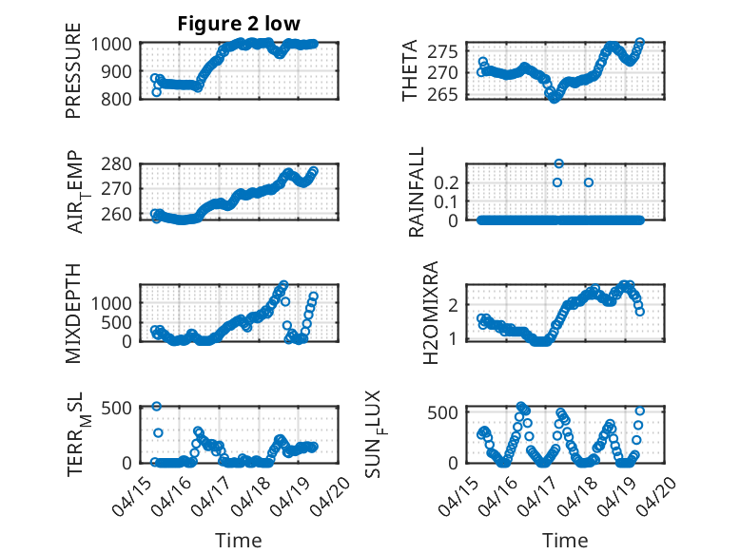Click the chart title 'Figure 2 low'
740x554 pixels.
[x=239, y=24]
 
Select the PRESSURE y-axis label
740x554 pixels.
[x=73, y=70]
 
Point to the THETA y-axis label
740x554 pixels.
[x=410, y=70]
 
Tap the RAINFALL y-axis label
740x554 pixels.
[x=417, y=192]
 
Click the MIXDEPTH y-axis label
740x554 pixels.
[x=73, y=313]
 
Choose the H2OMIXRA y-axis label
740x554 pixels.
[x=431, y=313]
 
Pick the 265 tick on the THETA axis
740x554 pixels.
[x=442, y=94]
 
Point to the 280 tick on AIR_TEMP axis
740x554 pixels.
[x=116, y=164]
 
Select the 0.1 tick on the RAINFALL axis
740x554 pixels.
[x=446, y=201]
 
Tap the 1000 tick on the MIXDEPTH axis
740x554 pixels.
[x=111, y=303]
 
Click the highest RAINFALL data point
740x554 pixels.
[x=558, y=163]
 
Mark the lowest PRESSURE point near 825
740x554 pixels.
[x=157, y=92]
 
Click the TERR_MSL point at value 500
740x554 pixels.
[x=157, y=407]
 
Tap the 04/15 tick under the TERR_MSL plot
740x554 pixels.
[x=132, y=495]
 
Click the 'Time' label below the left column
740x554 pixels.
[x=239, y=540]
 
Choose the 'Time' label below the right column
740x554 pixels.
[x=565, y=540]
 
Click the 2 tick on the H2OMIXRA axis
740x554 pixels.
[x=453, y=305]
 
